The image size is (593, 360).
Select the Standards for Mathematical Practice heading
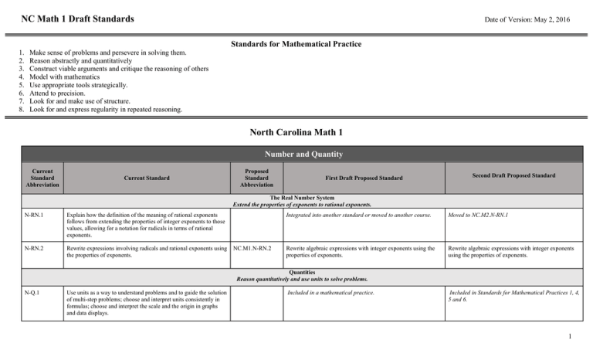(296, 44)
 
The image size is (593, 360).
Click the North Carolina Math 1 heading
(296, 132)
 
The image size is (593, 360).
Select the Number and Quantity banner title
(296, 154)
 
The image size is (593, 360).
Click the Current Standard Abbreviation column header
(37, 175)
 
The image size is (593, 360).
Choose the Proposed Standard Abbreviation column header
(256, 175)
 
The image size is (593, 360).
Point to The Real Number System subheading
(296, 197)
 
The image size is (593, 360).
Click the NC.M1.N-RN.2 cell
(252, 248)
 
